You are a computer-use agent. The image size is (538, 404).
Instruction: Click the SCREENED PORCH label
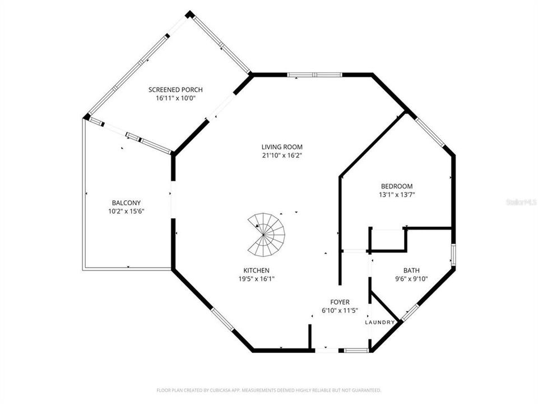pyautogui.click(x=175, y=90)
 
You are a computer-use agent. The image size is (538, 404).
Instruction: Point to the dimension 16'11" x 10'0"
pyautogui.click(x=175, y=98)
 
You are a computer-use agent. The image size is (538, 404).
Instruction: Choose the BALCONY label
pyautogui.click(x=126, y=203)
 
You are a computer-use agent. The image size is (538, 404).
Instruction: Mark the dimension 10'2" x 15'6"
pyautogui.click(x=126, y=212)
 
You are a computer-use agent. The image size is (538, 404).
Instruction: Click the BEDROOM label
pyautogui.click(x=397, y=186)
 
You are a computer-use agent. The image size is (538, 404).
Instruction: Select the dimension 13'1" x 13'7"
pyautogui.click(x=397, y=195)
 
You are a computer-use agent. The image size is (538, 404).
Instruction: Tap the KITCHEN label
pyautogui.click(x=256, y=270)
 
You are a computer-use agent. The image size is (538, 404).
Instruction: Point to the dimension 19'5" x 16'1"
pyautogui.click(x=256, y=278)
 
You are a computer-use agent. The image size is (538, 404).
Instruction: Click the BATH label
pyautogui.click(x=411, y=270)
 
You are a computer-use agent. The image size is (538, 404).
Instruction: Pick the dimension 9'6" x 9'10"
pyautogui.click(x=411, y=278)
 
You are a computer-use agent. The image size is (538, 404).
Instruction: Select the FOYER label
pyautogui.click(x=340, y=302)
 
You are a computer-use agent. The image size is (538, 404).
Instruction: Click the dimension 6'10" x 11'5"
pyautogui.click(x=340, y=310)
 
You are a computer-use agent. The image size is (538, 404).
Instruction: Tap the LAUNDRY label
pyautogui.click(x=381, y=322)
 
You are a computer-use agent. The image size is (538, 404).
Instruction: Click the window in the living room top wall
pyautogui.click(x=314, y=74)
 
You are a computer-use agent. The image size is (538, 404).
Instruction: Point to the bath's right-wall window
pyautogui.click(x=453, y=254)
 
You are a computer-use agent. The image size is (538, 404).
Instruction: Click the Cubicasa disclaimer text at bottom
pyautogui.click(x=268, y=389)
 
